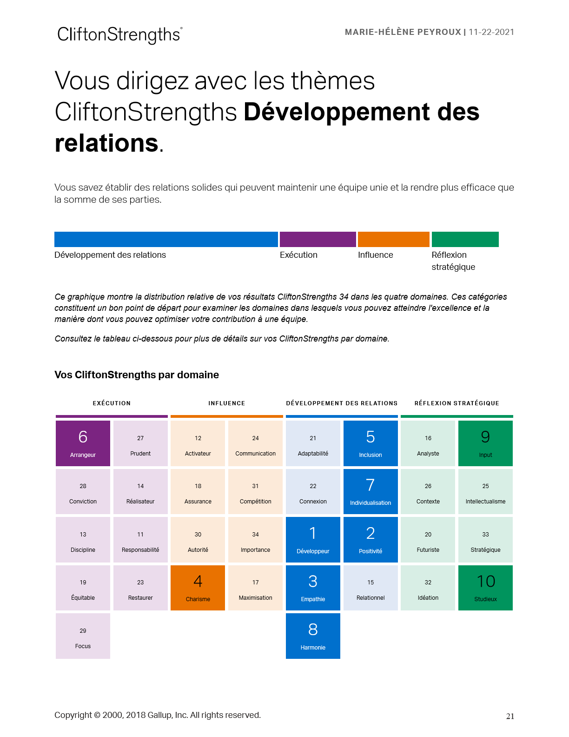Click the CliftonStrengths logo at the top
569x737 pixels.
click(x=119, y=34)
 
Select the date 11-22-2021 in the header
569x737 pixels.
click(x=491, y=32)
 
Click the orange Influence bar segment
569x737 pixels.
click(x=393, y=239)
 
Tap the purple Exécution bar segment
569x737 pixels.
click(x=318, y=239)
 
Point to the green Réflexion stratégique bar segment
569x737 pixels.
click(x=465, y=239)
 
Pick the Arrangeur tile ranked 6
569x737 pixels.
click(x=83, y=443)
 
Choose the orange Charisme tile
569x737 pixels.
click(x=198, y=588)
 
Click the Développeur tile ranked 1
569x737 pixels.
click(x=313, y=540)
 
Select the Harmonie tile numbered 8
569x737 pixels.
click(x=313, y=636)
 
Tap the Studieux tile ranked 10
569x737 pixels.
click(x=485, y=588)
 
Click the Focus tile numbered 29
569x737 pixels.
click(x=83, y=636)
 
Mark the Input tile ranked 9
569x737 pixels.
click(x=485, y=443)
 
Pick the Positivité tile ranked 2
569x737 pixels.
click(x=371, y=540)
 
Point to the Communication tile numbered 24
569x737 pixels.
click(x=255, y=443)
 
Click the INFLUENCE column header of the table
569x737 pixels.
click(x=226, y=403)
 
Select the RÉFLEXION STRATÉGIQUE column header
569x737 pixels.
click(x=457, y=403)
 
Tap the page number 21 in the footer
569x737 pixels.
click(x=510, y=717)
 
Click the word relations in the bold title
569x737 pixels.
click(x=106, y=143)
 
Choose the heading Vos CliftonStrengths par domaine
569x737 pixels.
click(x=137, y=375)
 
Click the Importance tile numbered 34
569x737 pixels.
click(x=255, y=540)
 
